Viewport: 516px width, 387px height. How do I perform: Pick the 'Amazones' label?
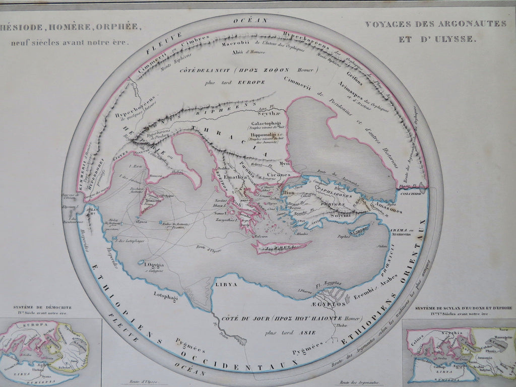[x=388, y=210]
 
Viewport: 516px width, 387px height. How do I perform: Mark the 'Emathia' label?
[x=235, y=177]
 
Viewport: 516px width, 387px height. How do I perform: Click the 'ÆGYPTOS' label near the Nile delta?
[x=331, y=304]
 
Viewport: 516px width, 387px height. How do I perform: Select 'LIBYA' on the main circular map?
[x=226, y=285]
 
